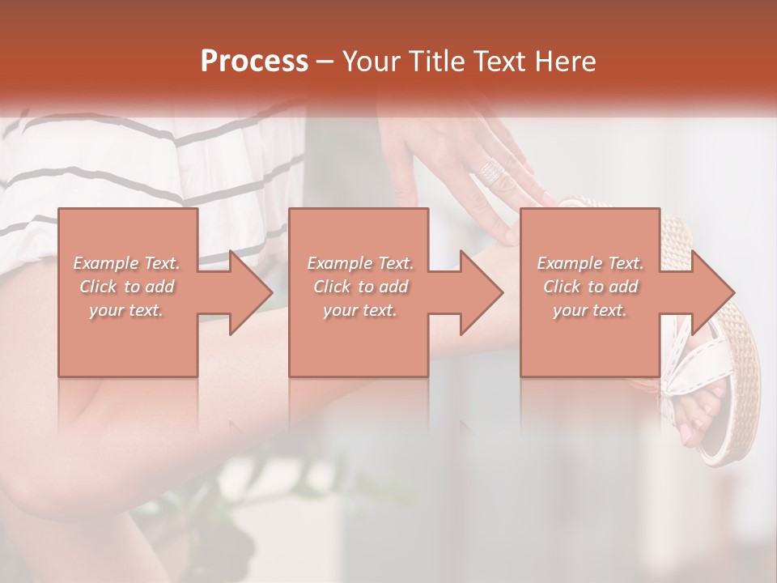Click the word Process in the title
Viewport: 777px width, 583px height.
click(254, 62)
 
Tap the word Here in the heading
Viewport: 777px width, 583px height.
click(567, 62)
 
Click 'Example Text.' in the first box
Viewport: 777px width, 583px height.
click(127, 263)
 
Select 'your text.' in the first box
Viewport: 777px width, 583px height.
click(127, 310)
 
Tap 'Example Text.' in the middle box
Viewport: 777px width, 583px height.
click(360, 263)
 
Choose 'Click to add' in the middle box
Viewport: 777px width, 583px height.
click(360, 287)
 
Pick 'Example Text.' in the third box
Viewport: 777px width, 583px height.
click(590, 263)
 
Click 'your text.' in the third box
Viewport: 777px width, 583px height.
click(590, 310)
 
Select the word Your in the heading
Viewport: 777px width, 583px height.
click(372, 62)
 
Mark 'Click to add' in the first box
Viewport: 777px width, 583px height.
click(127, 287)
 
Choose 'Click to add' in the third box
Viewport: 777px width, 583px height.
click(590, 287)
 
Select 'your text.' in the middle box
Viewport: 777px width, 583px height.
click(360, 310)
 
